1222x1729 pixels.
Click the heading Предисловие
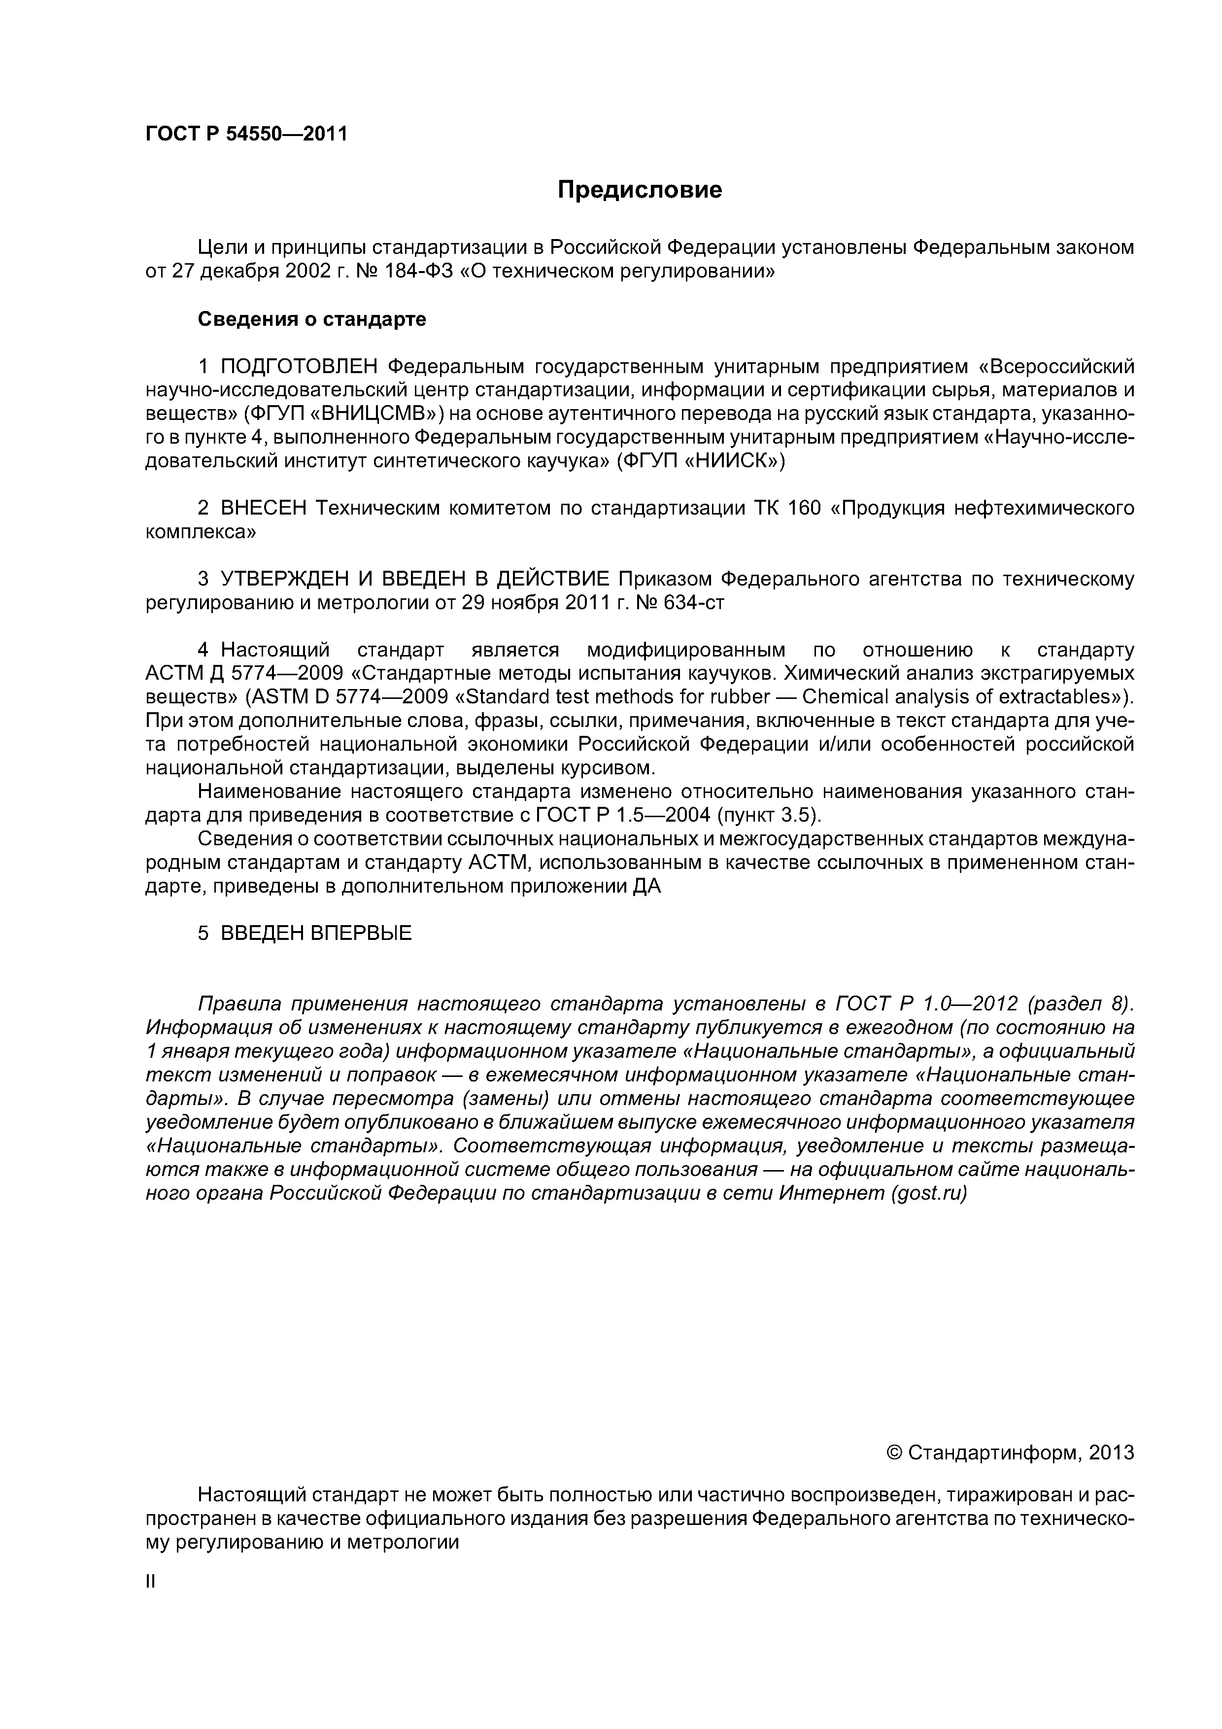pyautogui.click(x=639, y=190)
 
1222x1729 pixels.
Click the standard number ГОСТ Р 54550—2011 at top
pyautogui.click(x=246, y=134)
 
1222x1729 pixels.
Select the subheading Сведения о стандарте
pyautogui.click(x=312, y=319)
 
